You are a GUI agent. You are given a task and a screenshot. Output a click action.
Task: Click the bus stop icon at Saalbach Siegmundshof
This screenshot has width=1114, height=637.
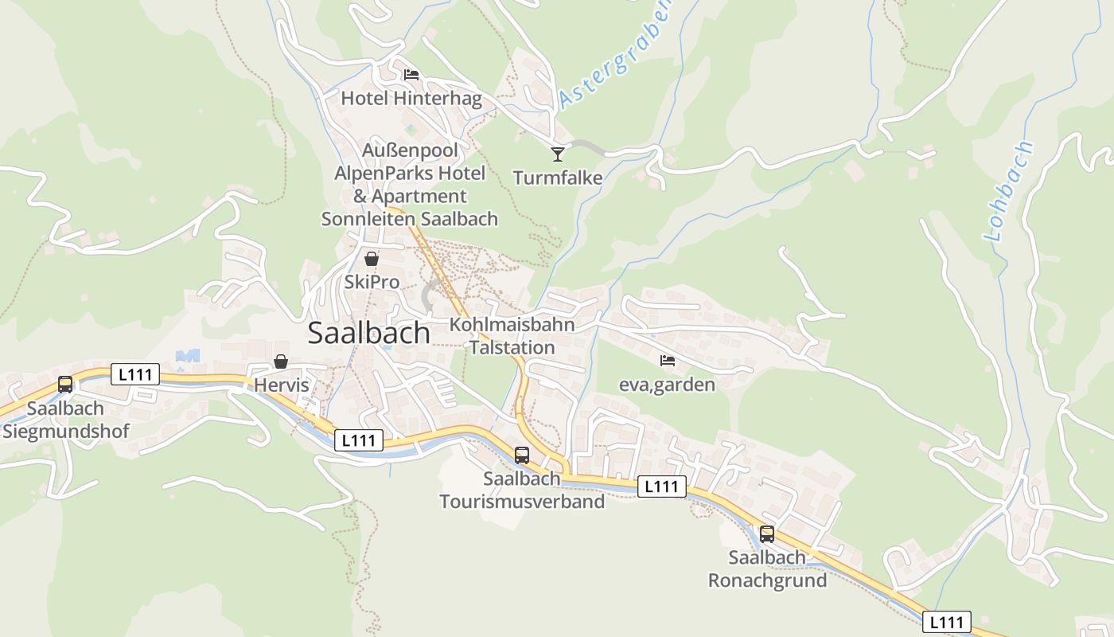[x=65, y=385]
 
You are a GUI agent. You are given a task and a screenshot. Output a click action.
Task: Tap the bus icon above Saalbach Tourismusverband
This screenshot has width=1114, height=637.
[x=522, y=455]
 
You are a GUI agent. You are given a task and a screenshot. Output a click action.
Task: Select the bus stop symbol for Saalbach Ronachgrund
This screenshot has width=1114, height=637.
[x=767, y=534]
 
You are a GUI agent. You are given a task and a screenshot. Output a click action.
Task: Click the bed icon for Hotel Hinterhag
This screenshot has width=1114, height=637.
[x=411, y=75]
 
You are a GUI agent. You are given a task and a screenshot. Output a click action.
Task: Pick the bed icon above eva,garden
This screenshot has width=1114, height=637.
[x=668, y=361]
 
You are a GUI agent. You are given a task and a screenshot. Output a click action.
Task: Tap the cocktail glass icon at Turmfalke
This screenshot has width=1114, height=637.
[x=558, y=154]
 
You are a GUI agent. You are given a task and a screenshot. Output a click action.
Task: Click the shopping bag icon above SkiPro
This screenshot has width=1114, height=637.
[x=372, y=259]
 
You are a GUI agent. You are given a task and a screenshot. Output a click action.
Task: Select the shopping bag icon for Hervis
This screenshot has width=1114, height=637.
[x=281, y=361]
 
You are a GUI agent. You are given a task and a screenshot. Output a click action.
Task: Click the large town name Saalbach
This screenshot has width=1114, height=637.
[x=368, y=333]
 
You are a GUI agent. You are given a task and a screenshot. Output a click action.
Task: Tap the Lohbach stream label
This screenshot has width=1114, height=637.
[x=1009, y=191]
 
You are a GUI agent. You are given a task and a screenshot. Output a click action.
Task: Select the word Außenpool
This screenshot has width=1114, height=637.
[x=410, y=150]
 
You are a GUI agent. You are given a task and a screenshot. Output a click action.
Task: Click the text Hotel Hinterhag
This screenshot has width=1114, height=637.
[x=411, y=99]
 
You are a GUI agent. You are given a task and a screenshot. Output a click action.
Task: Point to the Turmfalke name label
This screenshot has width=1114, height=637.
[x=558, y=178]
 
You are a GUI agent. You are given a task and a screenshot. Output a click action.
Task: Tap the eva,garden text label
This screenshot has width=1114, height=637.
[x=667, y=385]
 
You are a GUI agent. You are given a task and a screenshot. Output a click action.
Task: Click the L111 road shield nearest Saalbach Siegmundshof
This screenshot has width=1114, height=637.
[x=135, y=374]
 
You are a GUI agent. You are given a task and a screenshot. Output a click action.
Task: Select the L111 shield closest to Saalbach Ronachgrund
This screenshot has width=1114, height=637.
[x=661, y=487]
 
